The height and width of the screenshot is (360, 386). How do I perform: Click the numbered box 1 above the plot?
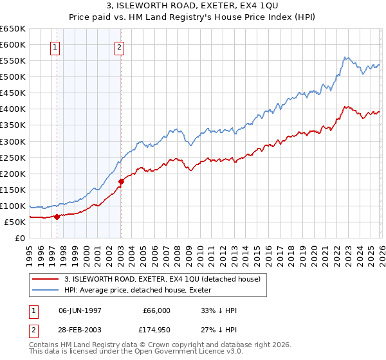[55, 46]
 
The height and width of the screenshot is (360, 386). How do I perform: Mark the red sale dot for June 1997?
[57, 217]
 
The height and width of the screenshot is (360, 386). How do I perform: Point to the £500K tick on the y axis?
[13, 76]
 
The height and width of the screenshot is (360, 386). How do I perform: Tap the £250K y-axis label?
[13, 157]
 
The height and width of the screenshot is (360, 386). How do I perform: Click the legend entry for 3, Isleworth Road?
[161, 279]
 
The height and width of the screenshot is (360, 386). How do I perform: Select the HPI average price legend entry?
[142, 290]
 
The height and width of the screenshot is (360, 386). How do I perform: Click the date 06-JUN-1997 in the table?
[80, 310]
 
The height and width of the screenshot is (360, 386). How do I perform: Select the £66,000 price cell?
[156, 310]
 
